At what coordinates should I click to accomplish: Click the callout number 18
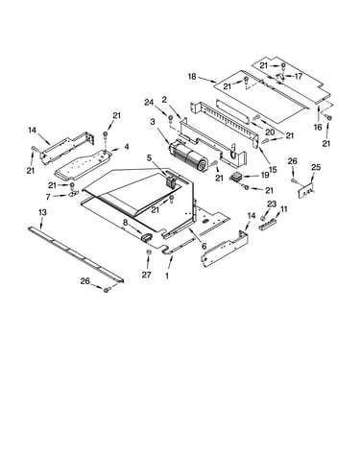point(192,77)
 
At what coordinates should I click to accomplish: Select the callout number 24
point(149,103)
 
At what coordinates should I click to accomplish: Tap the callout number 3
point(153,122)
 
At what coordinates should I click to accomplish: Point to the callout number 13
point(42,212)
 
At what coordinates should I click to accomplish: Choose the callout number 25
point(316,167)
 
